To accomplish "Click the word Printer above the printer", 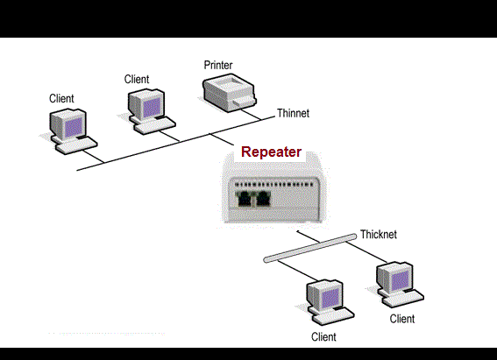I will click(x=218, y=66).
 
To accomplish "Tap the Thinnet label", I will click(x=293, y=113).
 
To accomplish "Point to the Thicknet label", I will click(x=379, y=235).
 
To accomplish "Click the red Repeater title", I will click(x=272, y=152).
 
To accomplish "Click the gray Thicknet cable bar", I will click(x=311, y=247).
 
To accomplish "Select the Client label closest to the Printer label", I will click(x=137, y=79).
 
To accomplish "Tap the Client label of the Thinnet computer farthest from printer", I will click(x=61, y=98).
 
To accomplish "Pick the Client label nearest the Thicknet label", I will click(x=402, y=319).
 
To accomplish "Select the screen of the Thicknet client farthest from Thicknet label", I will click(x=327, y=296).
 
